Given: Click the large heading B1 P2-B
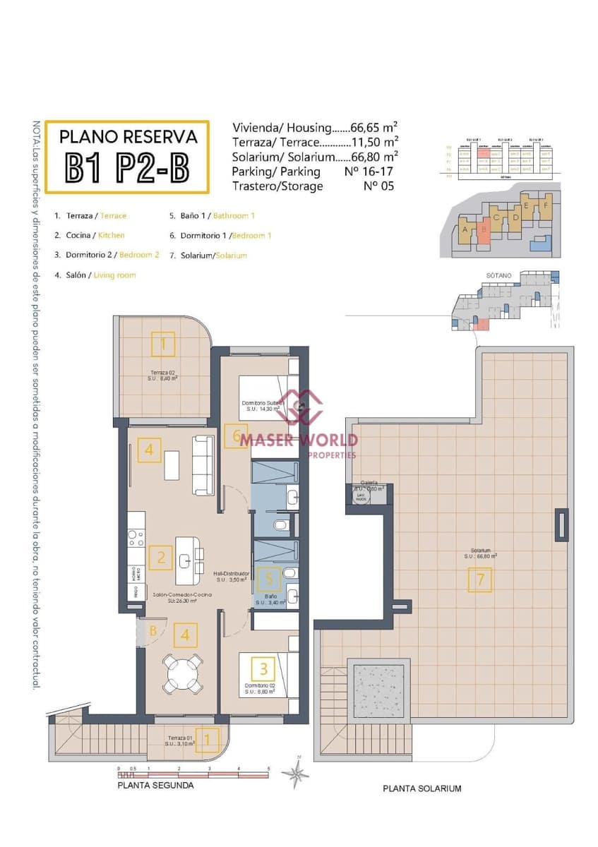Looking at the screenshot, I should click(128, 168).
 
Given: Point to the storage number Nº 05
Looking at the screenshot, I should click(378, 186).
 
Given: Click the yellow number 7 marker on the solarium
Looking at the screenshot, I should click(479, 580).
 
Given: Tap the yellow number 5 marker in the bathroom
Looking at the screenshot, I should click(268, 579).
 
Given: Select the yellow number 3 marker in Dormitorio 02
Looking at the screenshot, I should click(263, 668).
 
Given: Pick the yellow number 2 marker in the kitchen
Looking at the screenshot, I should click(161, 558).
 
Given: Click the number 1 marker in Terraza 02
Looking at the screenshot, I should click(163, 344).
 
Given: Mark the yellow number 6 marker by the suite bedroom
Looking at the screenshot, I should click(235, 436).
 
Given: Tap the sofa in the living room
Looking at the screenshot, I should click(203, 465).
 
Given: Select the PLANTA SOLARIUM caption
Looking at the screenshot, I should click(421, 788).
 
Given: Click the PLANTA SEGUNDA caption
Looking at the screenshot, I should click(155, 785).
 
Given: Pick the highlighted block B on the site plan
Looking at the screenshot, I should click(484, 230).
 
